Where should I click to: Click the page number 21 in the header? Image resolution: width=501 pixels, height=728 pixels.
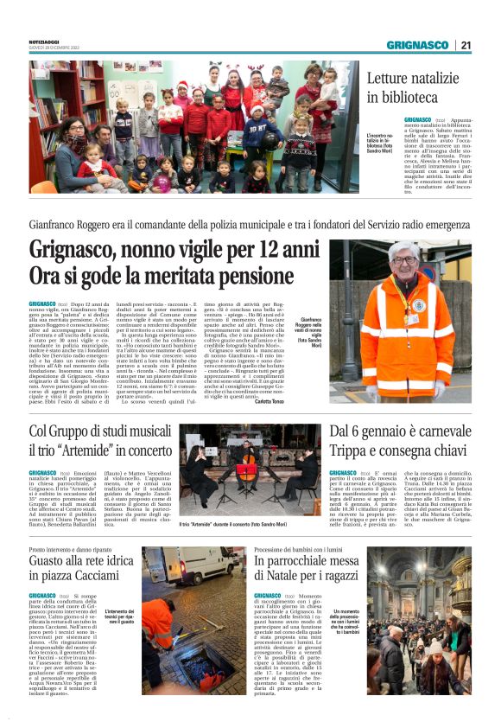tap(465, 45)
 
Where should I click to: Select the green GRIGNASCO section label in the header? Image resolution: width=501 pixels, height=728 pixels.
tap(416, 45)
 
